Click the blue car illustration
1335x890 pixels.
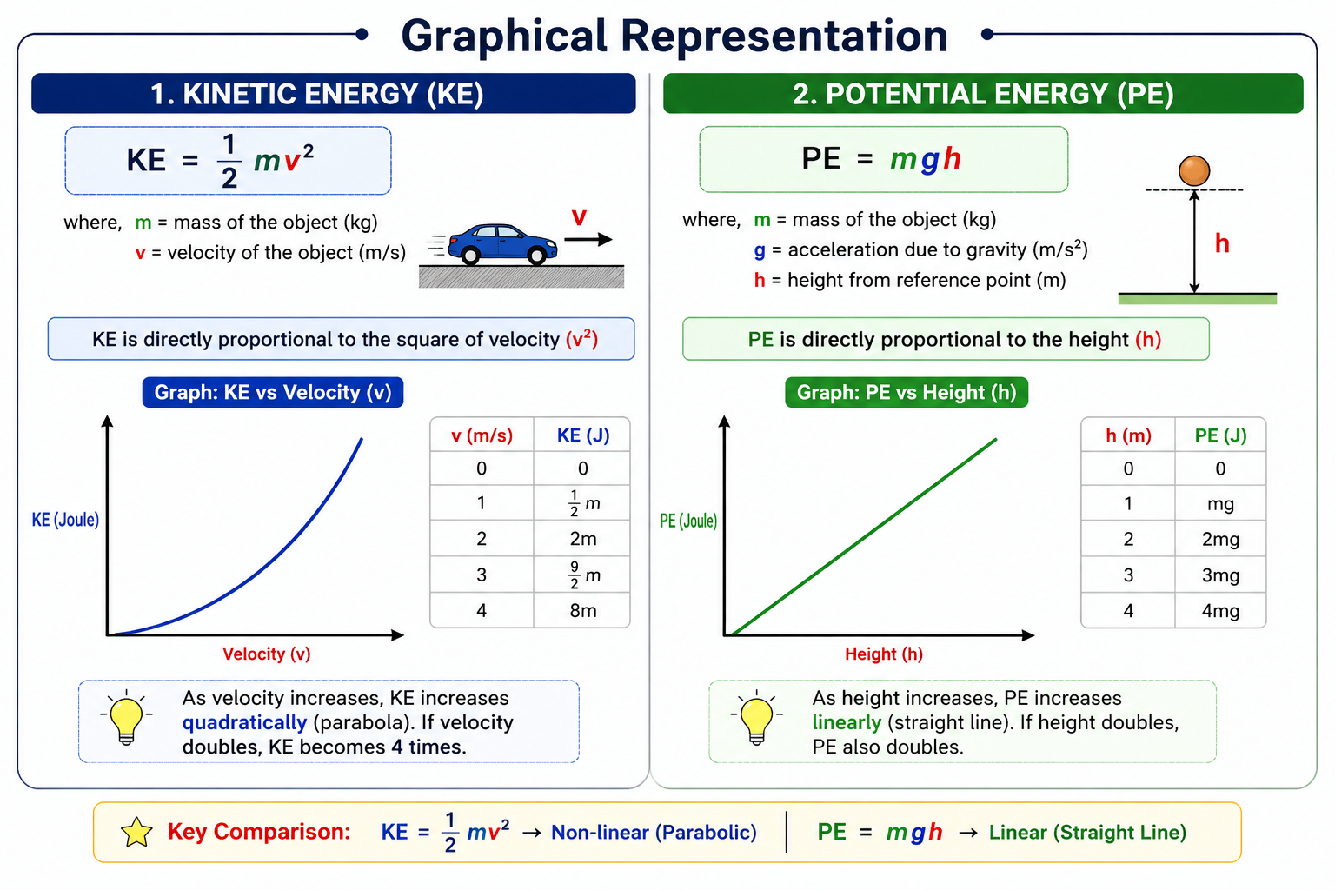502,243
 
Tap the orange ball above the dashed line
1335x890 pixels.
1194,170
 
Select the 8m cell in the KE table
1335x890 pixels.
582,611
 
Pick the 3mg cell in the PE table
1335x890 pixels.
1220,575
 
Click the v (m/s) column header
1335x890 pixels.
482,435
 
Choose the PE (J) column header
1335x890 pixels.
1220,435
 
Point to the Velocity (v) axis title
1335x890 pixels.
266,654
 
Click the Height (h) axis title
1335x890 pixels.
883,654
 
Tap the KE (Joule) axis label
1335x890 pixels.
65,520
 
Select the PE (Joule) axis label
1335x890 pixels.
687,521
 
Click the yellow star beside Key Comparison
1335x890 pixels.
136,832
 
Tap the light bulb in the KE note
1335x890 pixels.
126,718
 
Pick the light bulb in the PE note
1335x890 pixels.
756,719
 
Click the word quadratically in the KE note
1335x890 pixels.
244,722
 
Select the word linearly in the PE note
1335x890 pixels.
847,722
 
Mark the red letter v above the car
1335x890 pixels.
579,216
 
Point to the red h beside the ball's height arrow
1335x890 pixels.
1222,243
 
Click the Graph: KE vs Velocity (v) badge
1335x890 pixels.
273,392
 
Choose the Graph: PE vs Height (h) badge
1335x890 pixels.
907,392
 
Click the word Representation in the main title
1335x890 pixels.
783,37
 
